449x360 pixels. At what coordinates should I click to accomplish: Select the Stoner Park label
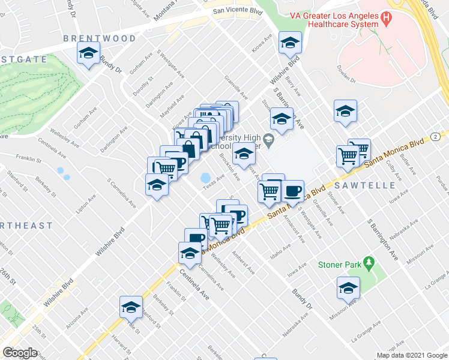tap(340, 264)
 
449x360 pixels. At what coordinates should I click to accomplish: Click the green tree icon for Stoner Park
tap(369, 263)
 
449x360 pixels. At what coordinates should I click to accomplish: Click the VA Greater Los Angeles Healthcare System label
tap(343, 19)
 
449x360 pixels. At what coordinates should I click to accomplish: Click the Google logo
tap(20, 352)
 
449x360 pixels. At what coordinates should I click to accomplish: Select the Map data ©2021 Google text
tap(412, 355)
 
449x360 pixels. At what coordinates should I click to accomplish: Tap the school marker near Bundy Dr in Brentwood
tap(88, 55)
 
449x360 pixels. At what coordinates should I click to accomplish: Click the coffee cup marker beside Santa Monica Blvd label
tap(292, 191)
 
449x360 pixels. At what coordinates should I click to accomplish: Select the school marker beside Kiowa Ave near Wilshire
tap(290, 43)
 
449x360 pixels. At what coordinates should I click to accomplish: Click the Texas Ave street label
tap(213, 181)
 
